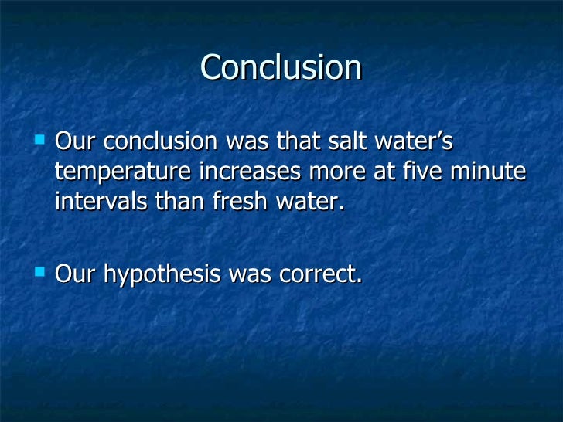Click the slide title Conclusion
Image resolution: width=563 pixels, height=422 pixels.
tap(281, 67)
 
